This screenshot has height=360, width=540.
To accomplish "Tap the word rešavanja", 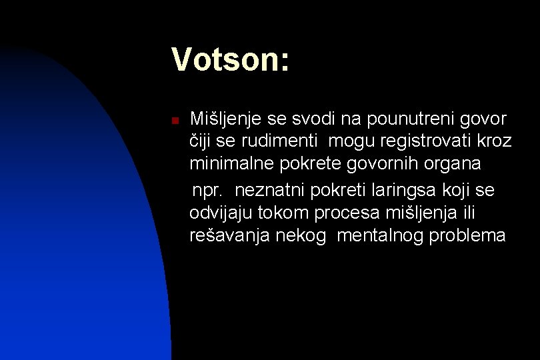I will [x=227, y=235].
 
